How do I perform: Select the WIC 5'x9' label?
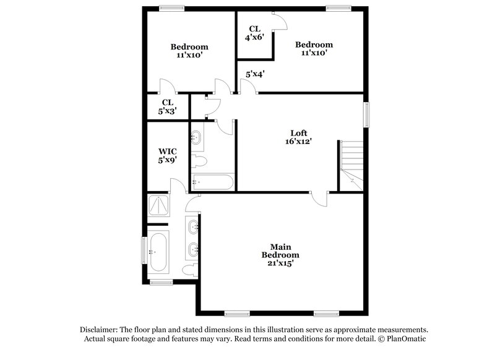point(168,155)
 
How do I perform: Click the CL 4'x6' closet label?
point(254,33)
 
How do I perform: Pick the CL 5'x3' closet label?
point(167,106)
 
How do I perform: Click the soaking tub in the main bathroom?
point(158,252)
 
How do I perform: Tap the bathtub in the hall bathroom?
point(212,182)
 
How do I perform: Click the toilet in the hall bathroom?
point(199,161)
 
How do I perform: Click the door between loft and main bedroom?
point(321,197)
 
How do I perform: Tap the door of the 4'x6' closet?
point(280,20)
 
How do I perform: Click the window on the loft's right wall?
point(367,114)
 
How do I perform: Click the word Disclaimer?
point(98,329)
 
